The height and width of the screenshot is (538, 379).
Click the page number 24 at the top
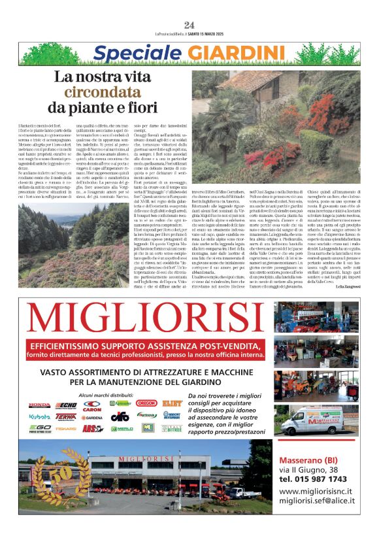tap(189, 25)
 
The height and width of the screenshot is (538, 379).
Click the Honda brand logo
tap(39, 405)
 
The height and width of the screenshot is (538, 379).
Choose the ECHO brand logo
tap(66, 405)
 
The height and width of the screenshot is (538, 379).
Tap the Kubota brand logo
tap(39, 416)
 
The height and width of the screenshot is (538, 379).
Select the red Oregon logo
tap(146, 403)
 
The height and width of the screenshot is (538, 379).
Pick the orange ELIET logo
tap(172, 404)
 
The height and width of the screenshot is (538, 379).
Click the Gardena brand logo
tap(92, 417)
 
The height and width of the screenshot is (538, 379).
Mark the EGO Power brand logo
tap(39, 428)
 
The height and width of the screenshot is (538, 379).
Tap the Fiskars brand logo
tap(66, 428)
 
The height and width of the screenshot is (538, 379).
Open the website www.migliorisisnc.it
tap(316, 491)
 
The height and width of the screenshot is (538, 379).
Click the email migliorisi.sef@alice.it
tap(316, 501)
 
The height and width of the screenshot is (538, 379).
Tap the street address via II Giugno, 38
tap(309, 469)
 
